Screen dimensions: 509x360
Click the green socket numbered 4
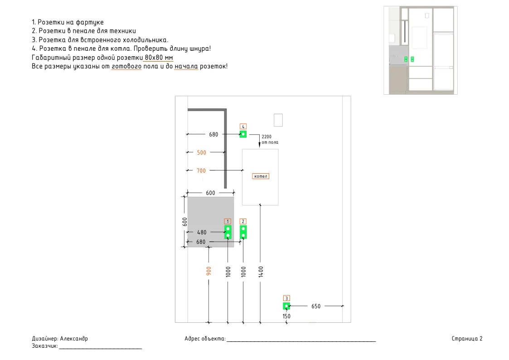click(x=243, y=134)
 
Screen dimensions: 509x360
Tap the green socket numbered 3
click(x=286, y=306)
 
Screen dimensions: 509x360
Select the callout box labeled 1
click(x=228, y=221)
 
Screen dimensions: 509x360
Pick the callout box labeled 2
click(x=243, y=221)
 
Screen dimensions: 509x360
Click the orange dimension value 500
click(x=202, y=153)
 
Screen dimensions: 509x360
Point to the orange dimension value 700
click(x=201, y=171)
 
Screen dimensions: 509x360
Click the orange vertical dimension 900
click(x=209, y=271)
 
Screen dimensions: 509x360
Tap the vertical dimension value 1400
click(x=261, y=272)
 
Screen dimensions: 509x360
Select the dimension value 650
click(x=316, y=306)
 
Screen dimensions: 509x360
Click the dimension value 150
click(x=286, y=316)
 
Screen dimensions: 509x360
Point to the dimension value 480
click(x=202, y=233)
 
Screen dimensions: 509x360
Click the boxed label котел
click(x=261, y=176)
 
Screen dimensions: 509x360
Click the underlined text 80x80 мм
click(x=159, y=58)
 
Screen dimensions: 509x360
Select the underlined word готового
click(x=126, y=67)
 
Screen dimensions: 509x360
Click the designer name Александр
click(x=74, y=339)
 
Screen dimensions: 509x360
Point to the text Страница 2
click(x=467, y=339)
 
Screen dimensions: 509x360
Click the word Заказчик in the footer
click(x=44, y=346)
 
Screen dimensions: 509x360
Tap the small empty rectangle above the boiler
click(x=278, y=120)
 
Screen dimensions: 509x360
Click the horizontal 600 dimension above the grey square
click(x=210, y=193)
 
